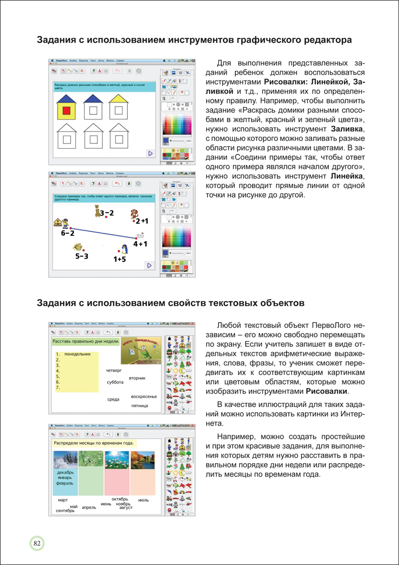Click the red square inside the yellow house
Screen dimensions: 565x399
click(66, 111)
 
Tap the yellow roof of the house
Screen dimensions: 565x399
click(119, 98)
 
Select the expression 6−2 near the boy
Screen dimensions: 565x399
click(68, 233)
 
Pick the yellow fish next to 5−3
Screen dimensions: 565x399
click(78, 247)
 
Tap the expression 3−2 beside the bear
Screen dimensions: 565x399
click(107, 213)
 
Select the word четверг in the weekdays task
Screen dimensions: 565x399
click(114, 371)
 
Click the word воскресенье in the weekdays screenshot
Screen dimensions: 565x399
click(144, 397)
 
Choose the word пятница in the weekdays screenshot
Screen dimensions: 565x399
click(140, 405)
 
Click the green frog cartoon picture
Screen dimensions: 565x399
click(141, 354)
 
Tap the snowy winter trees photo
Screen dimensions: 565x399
click(65, 459)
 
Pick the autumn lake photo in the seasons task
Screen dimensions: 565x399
click(142, 459)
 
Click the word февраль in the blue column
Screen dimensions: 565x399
click(65, 483)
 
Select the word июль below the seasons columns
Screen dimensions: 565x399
click(143, 500)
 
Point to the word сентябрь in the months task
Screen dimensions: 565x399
click(65, 511)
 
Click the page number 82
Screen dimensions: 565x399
click(37, 543)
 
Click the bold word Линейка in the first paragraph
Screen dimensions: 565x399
click(347, 177)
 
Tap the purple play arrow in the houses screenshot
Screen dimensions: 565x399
click(150, 153)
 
